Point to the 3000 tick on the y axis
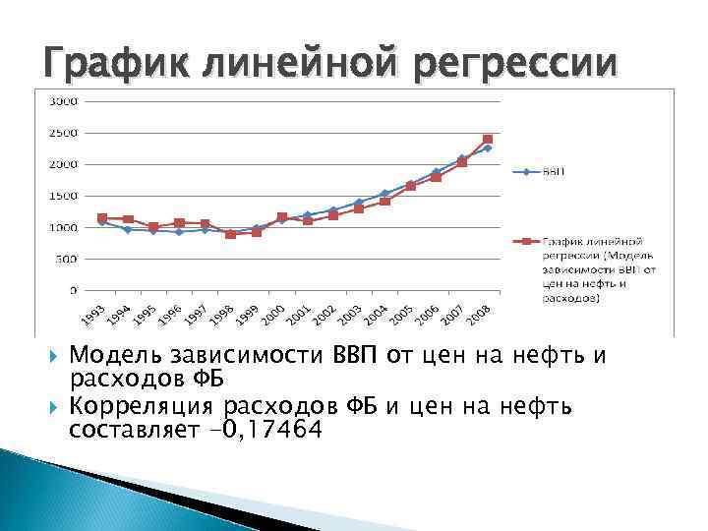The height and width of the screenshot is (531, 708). coord(66,101)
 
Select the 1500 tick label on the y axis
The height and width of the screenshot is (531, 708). coord(66,196)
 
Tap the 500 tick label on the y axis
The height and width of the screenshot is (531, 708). coord(69,259)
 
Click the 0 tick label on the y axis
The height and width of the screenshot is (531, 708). coord(75,290)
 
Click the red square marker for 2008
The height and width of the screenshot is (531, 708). coord(488,140)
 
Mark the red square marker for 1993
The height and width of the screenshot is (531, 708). coord(102,218)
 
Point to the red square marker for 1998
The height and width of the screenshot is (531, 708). coord(230,234)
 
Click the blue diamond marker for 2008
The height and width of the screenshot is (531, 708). coord(488,147)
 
